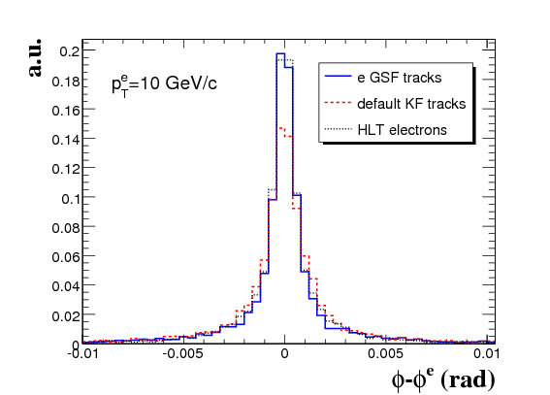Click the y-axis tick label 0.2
click(70, 51)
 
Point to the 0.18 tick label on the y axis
click(66, 82)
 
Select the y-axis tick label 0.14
click(66, 140)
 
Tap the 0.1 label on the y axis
click(71, 199)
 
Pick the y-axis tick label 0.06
click(66, 257)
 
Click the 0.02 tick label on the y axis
click(66, 316)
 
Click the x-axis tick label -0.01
click(82, 353)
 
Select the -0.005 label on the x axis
click(182, 353)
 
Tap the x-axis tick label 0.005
click(385, 353)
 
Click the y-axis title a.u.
click(35, 57)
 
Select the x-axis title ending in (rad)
click(443, 379)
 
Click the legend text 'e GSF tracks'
click(400, 78)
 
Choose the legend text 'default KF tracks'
click(411, 104)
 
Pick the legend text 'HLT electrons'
click(402, 130)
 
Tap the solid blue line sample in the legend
click(338, 76)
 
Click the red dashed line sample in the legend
click(338, 103)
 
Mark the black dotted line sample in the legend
click(338, 129)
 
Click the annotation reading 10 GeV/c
click(178, 83)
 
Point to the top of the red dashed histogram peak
click(280, 128)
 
